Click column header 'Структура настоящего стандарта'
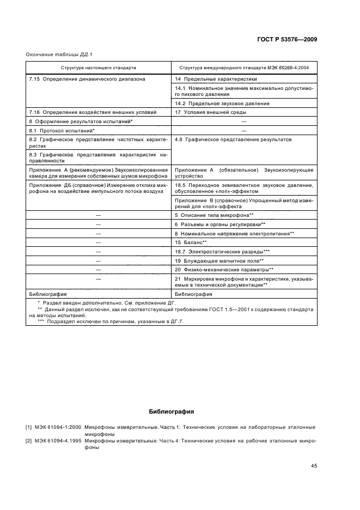click(99, 68)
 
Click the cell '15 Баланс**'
click(191, 242)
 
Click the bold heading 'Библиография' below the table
click(172, 412)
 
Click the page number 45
click(314, 466)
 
